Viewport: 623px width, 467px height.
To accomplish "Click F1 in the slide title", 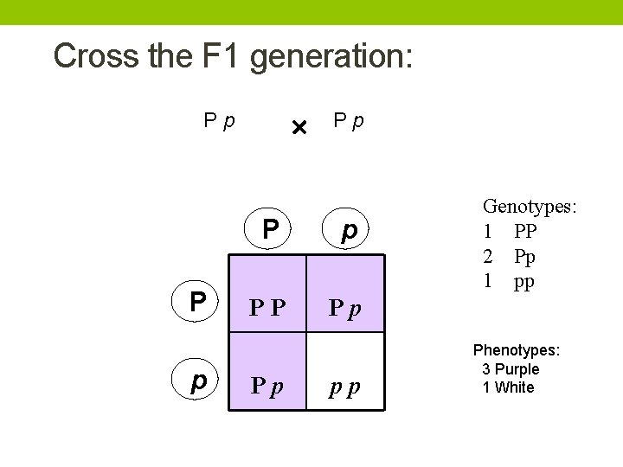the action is (x=225, y=56).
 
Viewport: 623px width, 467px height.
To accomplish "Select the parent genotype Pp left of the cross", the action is (x=220, y=121).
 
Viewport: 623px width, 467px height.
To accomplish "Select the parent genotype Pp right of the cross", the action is (x=349, y=121).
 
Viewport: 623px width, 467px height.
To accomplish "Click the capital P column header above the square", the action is (x=271, y=230).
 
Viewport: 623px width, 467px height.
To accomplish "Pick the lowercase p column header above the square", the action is (x=349, y=231).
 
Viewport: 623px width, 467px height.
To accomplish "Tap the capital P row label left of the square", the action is (x=198, y=302).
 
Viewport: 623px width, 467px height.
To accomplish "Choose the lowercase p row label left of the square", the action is (x=198, y=381).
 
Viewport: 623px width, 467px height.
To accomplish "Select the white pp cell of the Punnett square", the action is (x=344, y=386).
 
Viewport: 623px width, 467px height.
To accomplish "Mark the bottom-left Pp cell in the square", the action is (x=267, y=386).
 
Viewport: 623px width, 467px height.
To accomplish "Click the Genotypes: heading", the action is (x=530, y=206).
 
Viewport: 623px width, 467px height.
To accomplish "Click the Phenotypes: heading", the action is (x=517, y=350).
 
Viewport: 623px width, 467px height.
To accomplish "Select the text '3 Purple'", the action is (x=511, y=369).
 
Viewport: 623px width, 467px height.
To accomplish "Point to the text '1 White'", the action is (x=508, y=387).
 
